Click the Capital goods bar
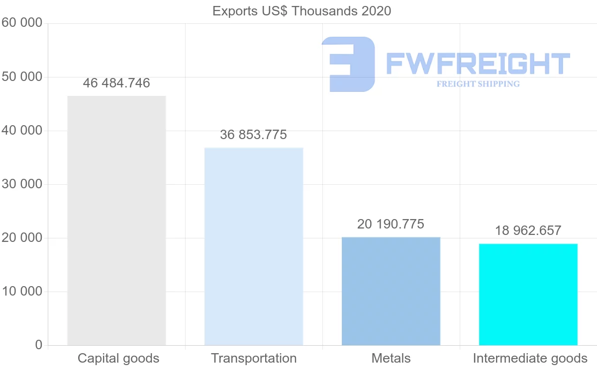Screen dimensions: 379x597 (x=116, y=221)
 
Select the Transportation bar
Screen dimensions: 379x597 (x=254, y=246)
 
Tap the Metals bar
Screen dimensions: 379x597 (x=391, y=291)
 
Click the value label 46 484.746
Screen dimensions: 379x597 (x=116, y=83)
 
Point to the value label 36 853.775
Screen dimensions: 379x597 (x=254, y=135)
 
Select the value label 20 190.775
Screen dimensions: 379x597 (x=391, y=224)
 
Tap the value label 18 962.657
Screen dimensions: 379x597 (x=528, y=230)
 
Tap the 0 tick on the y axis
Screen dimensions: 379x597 (x=39, y=345)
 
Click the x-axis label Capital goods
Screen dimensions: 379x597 (x=118, y=358)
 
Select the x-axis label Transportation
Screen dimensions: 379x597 (x=254, y=358)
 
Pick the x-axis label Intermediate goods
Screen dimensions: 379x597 (x=530, y=358)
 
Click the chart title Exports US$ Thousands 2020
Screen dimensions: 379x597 (x=302, y=11)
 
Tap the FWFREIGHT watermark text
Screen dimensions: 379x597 (x=478, y=64)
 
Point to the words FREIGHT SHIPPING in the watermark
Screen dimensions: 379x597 (x=478, y=84)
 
